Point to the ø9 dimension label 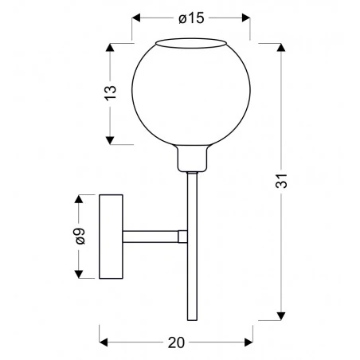point(78,236)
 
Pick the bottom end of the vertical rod point(191,311)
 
